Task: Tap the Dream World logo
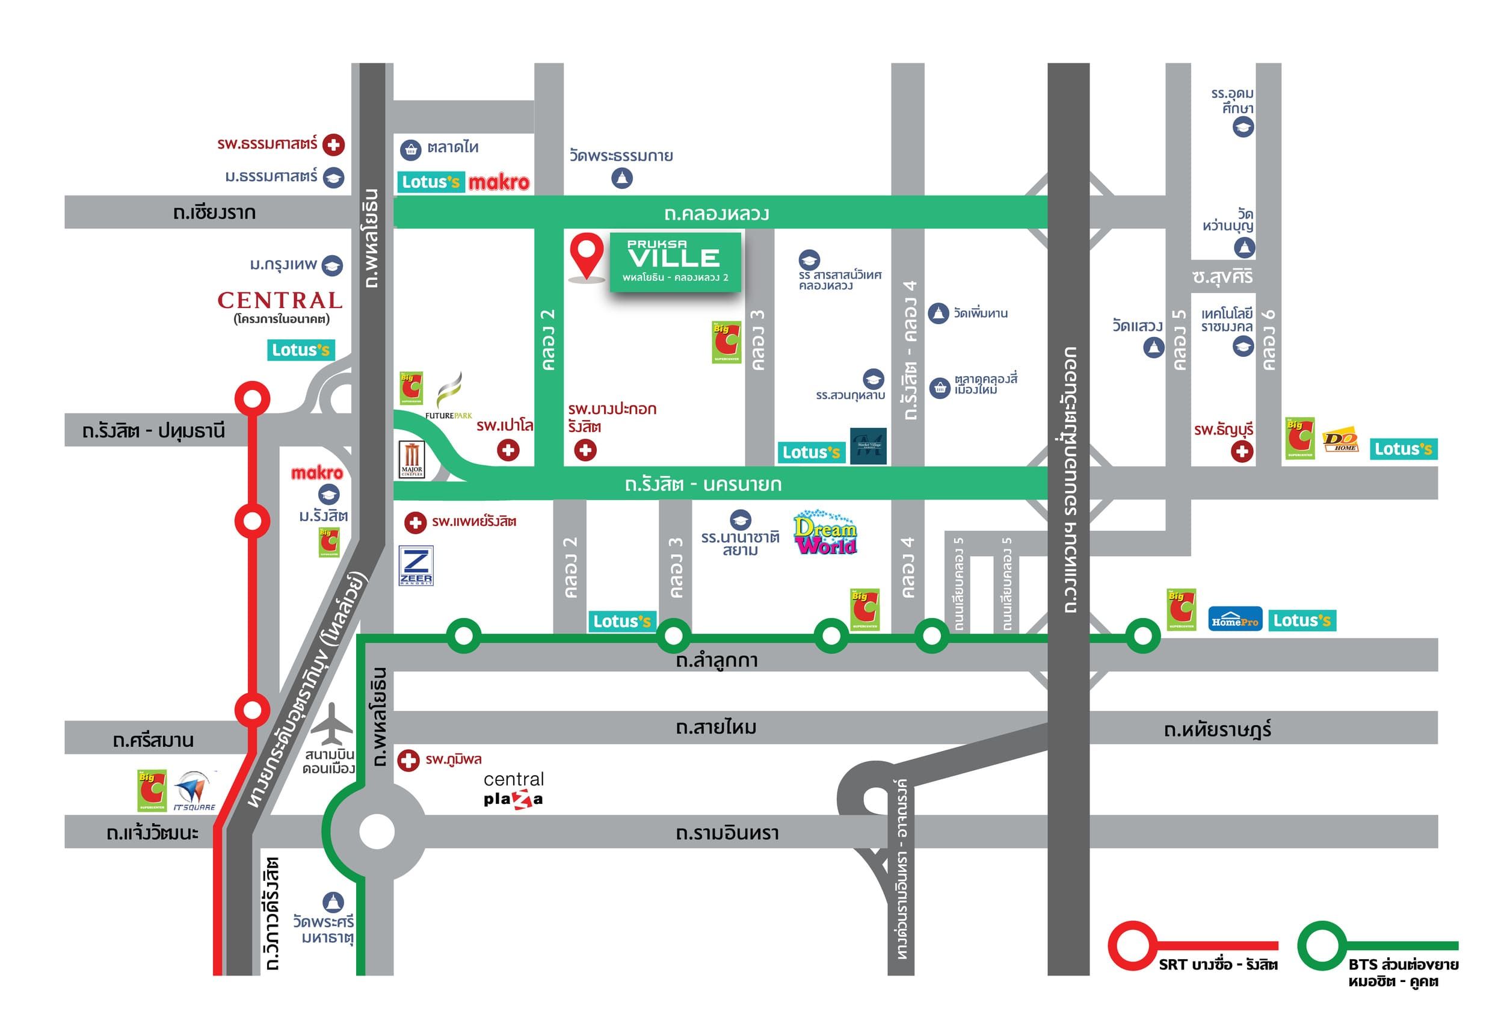(825, 533)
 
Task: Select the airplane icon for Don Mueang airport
(332, 724)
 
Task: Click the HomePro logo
(1234, 620)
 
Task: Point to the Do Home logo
(1340, 441)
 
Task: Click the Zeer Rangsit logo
(416, 566)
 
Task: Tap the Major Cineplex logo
(411, 459)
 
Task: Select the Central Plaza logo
(513, 789)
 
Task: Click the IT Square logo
(193, 791)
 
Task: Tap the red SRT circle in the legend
(1132, 945)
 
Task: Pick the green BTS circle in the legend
(1322, 945)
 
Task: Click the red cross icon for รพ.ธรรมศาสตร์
(334, 144)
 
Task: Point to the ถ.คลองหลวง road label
(717, 214)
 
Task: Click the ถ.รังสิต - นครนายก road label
(703, 484)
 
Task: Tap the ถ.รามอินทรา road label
(727, 833)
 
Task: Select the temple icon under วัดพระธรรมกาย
(621, 178)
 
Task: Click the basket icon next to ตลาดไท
(410, 150)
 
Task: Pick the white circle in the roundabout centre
(377, 831)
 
